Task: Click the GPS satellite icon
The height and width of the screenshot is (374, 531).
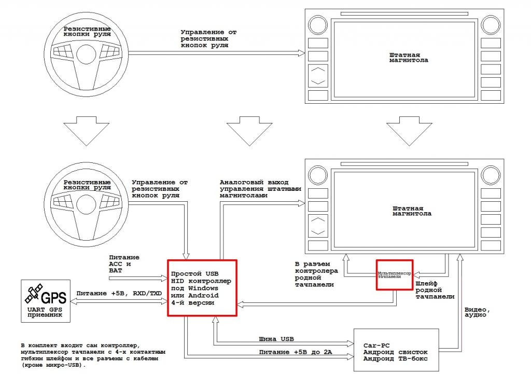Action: [34, 294]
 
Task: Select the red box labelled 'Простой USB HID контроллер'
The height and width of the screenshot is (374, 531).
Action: [202, 288]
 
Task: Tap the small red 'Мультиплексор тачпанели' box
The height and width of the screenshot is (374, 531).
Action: [395, 275]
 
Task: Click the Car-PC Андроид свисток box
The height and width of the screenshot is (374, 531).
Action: [396, 350]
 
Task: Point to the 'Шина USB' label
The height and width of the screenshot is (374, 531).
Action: [276, 339]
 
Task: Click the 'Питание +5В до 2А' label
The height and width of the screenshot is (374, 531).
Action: [296, 352]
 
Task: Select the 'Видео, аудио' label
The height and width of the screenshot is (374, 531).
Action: [477, 312]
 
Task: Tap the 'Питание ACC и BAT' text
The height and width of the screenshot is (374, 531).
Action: [124, 264]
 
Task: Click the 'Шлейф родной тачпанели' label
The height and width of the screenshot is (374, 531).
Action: [435, 290]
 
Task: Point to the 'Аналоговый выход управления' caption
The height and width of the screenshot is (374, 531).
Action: [260, 189]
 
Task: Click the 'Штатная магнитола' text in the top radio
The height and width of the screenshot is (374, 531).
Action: [409, 58]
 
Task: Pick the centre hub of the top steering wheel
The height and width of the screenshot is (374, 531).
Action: [87, 54]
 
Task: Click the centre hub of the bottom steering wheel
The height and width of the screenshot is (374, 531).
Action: [87, 204]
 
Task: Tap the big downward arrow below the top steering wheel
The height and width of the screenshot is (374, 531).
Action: [87, 131]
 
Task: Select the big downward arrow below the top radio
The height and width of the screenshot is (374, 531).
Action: [409, 131]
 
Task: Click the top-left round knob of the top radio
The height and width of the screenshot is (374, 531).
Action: [318, 25]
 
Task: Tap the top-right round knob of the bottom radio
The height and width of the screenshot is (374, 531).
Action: [491, 175]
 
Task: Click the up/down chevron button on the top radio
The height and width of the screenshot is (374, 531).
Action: [318, 76]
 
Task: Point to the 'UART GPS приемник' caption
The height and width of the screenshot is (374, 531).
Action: [45, 312]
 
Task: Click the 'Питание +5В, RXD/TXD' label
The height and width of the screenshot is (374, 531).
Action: [119, 294]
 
